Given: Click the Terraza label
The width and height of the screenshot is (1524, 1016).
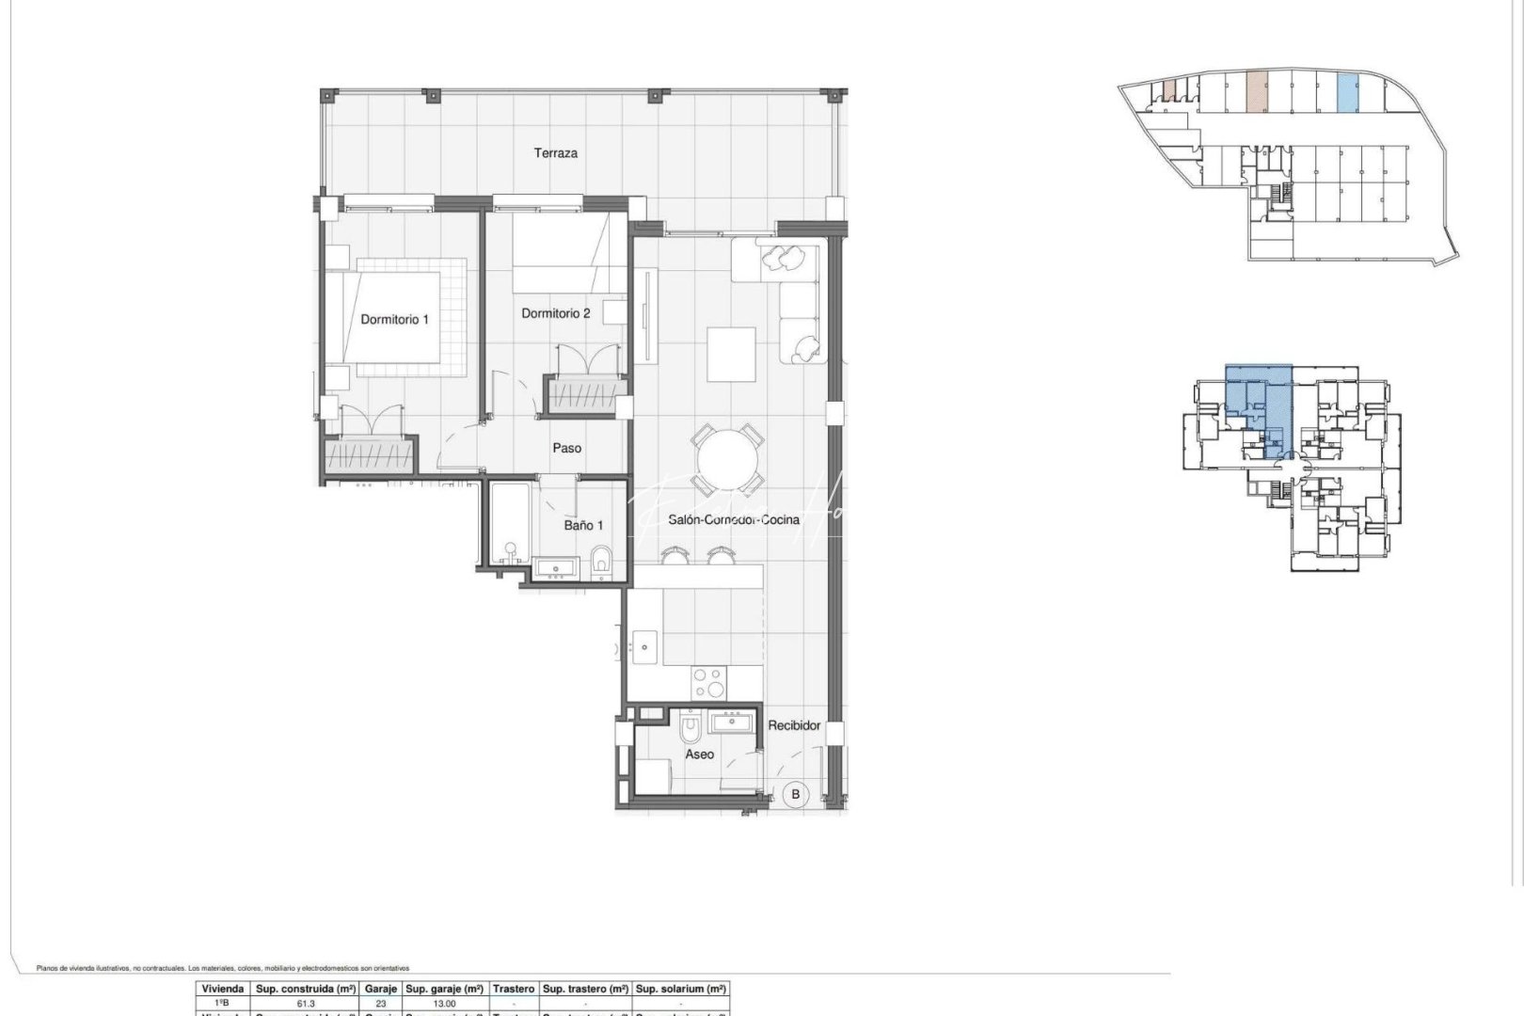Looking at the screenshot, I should tap(555, 152).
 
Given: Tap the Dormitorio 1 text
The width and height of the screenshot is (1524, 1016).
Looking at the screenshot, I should tap(394, 319).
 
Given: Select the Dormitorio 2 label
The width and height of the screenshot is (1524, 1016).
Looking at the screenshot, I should tap(555, 313).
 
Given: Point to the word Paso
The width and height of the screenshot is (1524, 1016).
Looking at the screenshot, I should tap(566, 449).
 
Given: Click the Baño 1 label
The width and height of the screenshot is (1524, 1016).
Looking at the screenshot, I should tap(583, 526).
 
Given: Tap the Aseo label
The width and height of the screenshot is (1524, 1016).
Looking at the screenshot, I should tap(699, 754).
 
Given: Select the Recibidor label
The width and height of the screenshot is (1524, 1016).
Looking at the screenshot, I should tap(794, 725).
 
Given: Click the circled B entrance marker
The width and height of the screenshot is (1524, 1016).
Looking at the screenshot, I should tap(796, 795).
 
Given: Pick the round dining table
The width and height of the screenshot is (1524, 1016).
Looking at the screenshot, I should tap(726, 461).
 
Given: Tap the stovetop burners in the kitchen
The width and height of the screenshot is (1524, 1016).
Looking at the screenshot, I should tap(709, 682).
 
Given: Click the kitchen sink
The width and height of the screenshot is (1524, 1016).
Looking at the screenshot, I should tap(645, 645).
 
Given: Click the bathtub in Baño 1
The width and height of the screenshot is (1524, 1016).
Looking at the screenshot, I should tap(509, 525).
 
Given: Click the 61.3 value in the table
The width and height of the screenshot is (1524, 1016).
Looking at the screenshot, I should tap(306, 1004).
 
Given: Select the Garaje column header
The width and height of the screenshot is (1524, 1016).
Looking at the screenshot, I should tap(381, 989).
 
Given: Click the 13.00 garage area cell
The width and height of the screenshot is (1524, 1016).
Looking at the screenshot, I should tap(444, 1004).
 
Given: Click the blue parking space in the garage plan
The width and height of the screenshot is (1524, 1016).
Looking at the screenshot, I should tap(1347, 93).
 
